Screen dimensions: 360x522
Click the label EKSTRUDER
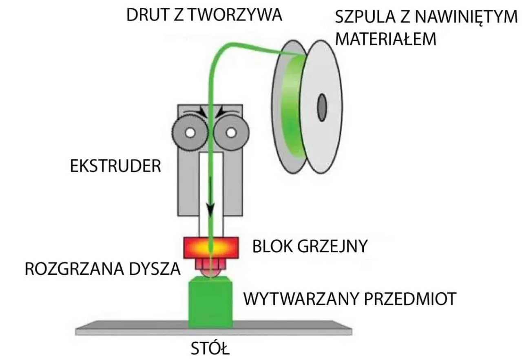click(115, 167)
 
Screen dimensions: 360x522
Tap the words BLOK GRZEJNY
click(310, 246)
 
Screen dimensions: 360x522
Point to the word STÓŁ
click(210, 350)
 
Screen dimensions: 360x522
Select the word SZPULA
click(365, 18)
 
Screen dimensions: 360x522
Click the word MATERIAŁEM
click(388, 40)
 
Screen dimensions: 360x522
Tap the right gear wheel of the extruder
click(230, 133)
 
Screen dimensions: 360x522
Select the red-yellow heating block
click(210, 247)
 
